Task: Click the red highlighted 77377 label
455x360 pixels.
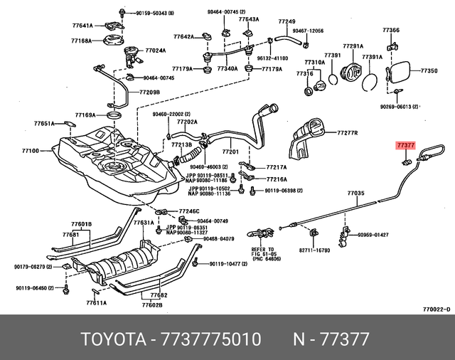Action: click(x=405, y=145)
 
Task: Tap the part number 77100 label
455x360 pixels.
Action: click(x=31, y=151)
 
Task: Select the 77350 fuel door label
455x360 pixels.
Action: click(x=429, y=72)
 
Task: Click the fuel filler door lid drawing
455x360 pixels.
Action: click(x=397, y=75)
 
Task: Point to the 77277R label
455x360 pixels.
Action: click(x=347, y=133)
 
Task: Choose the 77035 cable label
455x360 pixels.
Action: click(x=355, y=194)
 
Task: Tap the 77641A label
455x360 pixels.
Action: click(x=82, y=26)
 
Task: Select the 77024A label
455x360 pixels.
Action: click(x=156, y=51)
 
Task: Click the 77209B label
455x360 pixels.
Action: click(x=149, y=92)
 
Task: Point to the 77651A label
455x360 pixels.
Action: click(x=44, y=123)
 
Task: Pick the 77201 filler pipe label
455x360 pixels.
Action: click(x=231, y=152)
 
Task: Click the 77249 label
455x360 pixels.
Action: click(x=287, y=23)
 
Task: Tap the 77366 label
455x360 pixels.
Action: click(x=391, y=30)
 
